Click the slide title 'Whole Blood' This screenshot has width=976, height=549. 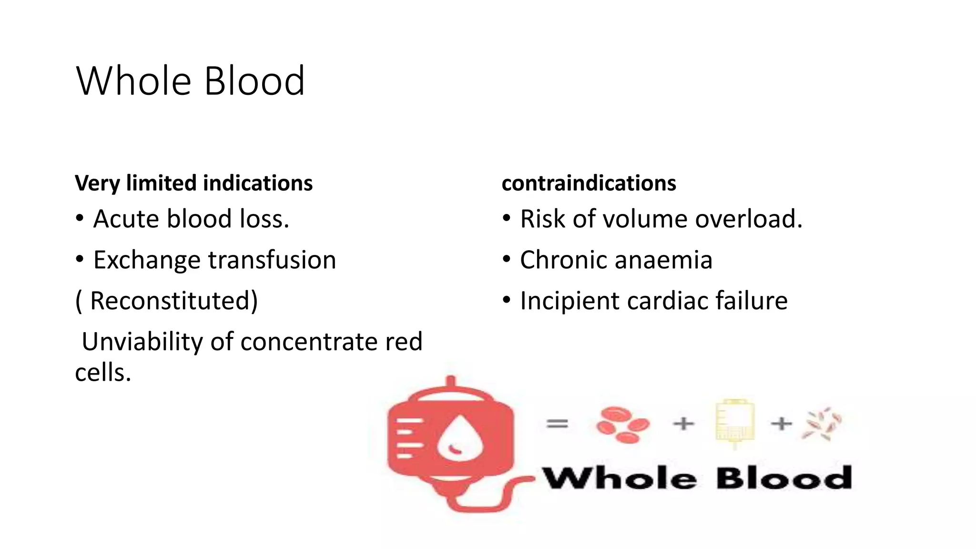tap(190, 81)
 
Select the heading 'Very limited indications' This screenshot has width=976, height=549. tap(193, 183)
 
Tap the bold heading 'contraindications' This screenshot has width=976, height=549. tap(589, 183)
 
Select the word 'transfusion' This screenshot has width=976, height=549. tap(272, 261)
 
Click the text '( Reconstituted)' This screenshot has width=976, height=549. tap(167, 301)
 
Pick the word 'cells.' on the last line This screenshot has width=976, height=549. tap(103, 373)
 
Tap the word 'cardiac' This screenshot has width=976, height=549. tap(666, 301)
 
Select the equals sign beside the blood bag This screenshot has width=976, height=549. tap(557, 423)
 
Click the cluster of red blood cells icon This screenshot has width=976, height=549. tap(622, 424)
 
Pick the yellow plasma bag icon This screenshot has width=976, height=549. tap(735, 422)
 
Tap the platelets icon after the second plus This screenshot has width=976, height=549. tap(822, 423)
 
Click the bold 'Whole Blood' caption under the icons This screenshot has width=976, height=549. tap(697, 478)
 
